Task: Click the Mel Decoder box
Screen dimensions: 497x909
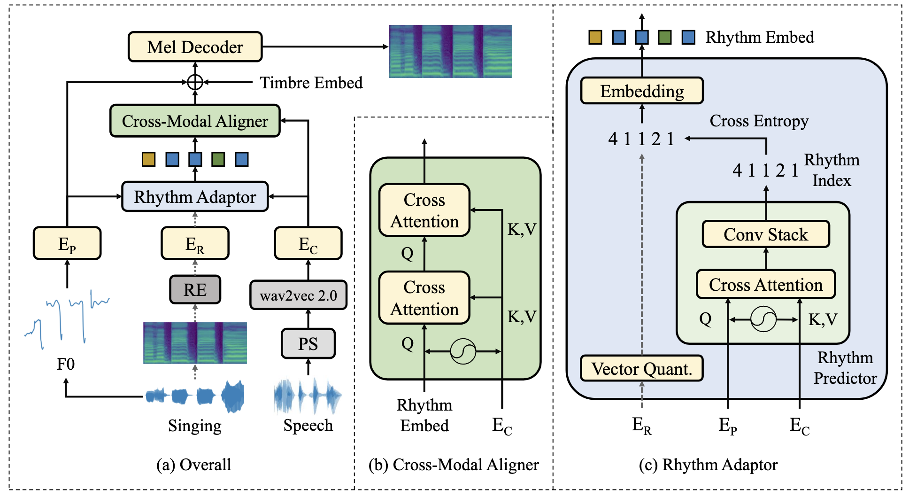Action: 195,47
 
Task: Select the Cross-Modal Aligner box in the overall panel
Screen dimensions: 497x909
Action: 195,121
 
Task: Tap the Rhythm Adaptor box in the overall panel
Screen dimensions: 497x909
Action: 195,197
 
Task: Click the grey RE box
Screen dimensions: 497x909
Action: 195,290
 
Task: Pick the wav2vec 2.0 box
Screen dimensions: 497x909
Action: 298,295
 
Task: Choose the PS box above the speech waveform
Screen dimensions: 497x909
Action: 308,344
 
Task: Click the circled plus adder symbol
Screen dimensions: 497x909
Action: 195,82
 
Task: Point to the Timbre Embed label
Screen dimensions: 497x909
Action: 311,83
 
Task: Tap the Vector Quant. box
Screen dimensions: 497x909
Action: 641,369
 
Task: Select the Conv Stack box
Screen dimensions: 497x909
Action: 765,234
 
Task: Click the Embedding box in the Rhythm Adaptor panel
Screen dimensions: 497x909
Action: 641,91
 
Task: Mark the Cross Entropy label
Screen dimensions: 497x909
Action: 759,121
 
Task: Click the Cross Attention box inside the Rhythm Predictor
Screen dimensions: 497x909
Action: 765,285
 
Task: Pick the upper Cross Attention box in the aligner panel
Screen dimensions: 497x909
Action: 424,210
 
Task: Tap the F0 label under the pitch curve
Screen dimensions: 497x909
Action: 66,364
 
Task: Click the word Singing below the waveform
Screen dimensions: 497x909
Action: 195,426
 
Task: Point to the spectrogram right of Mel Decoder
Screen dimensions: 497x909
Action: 450,51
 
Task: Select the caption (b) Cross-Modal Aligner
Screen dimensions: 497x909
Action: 454,465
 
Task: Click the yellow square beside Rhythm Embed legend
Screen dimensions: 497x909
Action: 595,37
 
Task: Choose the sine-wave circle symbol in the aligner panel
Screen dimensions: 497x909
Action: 462,351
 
